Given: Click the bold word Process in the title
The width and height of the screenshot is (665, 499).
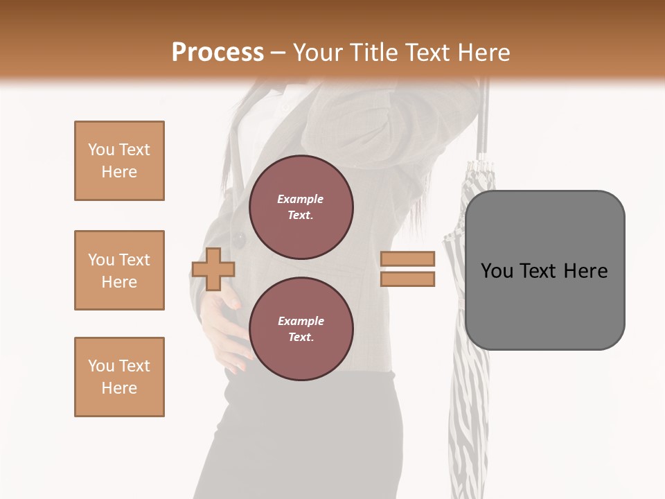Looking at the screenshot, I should coord(218,52).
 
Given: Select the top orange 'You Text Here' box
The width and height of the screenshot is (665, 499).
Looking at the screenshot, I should coord(119,161).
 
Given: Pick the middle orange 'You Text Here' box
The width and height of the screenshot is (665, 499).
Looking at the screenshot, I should coord(119,270).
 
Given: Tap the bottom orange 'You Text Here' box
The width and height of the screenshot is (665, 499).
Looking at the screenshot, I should coord(119,377).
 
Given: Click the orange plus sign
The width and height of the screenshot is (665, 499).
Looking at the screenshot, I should coord(213,269).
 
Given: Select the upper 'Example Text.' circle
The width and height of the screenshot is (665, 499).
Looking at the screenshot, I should coord(301,207).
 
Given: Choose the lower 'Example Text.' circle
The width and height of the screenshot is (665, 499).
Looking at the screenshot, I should coord(301,329).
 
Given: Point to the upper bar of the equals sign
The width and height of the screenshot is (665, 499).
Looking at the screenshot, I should coord(407,259).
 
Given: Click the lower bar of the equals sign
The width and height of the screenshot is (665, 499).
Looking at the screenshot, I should coord(407,279).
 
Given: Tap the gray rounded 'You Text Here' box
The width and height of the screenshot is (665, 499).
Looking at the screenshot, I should coord(544,270).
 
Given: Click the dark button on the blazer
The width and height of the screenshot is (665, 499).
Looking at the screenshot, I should coord(240,240).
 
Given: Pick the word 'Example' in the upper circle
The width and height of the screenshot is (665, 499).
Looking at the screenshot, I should coord(301,199).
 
